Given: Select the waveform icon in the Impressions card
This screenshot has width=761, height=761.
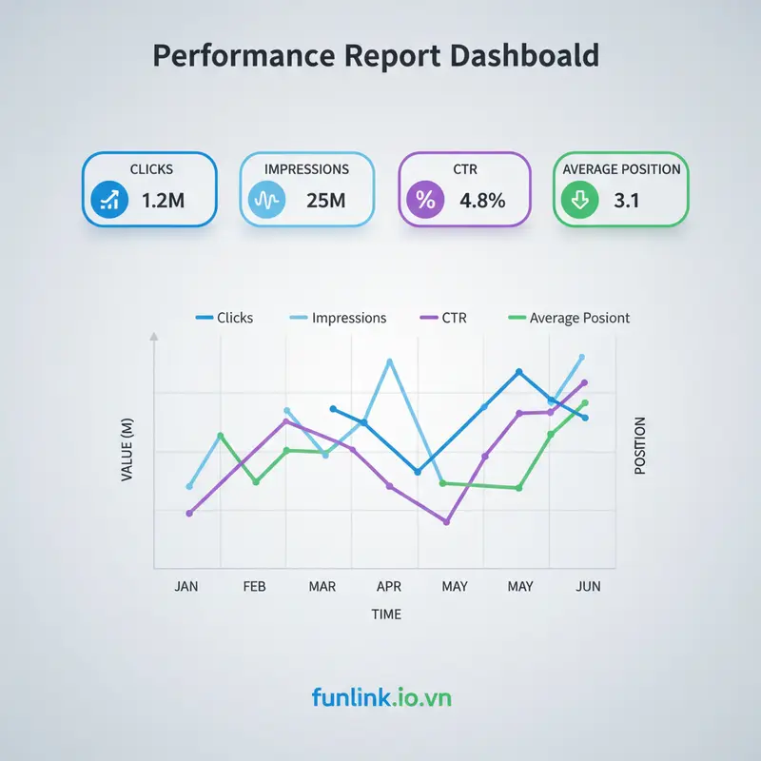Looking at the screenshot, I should pos(263,201).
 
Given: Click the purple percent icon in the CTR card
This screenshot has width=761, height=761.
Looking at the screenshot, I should pos(422,201).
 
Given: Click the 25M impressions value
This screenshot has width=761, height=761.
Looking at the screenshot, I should pos(326,201).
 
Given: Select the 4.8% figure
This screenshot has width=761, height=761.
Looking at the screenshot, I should pos(481,201).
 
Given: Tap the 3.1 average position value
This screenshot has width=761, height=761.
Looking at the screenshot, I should pos(627,201).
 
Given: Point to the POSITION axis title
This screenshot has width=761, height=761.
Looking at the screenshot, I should pos(639,445).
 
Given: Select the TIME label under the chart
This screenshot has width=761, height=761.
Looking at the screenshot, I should pos(386,615).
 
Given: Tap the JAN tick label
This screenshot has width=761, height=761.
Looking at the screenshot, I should pos(186,586).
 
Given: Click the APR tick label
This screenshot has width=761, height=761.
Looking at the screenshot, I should pos(389,586).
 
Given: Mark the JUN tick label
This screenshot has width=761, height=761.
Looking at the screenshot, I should pos(589,586).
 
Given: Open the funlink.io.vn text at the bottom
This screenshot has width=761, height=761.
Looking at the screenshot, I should pos(381,698).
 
